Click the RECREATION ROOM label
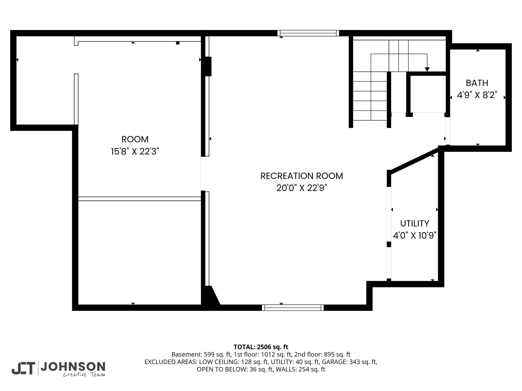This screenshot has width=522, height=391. pos(302,176)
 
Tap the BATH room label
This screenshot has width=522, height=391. pos(477,83)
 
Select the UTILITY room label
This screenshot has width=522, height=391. pos(414,224)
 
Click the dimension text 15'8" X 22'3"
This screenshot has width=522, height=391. pos(135,151)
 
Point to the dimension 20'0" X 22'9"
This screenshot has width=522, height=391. pos(302,188)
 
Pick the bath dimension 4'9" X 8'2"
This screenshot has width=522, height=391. pos(477,95)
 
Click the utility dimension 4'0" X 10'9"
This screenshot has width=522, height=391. pos(415,236)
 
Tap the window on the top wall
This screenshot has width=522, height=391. pos(308,33)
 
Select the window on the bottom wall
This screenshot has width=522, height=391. pos(293,308)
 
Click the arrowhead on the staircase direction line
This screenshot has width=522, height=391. pos(427,69)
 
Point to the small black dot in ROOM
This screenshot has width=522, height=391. pos(178,43)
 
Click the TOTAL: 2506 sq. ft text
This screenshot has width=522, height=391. pos(261,347)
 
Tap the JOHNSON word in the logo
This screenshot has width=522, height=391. pos(73,366)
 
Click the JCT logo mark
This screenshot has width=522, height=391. pos(23,368)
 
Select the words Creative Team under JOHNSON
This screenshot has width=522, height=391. pos(84,374)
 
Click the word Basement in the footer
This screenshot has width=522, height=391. pos(183,354)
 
